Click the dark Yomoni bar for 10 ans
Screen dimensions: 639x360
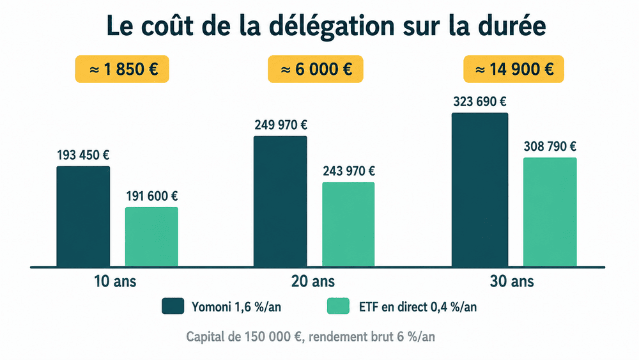point(83,217)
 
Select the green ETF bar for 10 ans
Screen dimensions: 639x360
point(151,237)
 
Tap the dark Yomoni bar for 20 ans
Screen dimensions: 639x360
point(281,201)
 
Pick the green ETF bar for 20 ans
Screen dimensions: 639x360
point(348,224)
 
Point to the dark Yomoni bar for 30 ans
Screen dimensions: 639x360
point(480,190)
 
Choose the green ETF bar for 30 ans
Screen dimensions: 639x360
point(550,212)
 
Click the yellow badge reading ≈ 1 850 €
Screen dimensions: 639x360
point(122,69)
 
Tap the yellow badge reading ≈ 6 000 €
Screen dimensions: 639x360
point(316,69)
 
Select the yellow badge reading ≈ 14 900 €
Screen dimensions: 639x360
point(514,69)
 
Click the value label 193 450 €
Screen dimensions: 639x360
point(83,155)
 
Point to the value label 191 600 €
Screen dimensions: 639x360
point(152,196)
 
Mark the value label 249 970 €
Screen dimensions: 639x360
point(281,125)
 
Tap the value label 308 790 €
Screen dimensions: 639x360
point(550,146)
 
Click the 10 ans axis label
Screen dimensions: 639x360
point(115,281)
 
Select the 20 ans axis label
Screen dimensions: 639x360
point(313,281)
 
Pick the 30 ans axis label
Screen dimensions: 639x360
point(512,281)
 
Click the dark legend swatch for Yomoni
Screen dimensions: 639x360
point(173,306)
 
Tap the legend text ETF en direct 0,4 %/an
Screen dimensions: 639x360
point(418,306)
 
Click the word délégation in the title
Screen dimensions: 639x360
point(332,26)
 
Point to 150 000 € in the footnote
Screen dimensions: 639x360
point(273,337)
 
